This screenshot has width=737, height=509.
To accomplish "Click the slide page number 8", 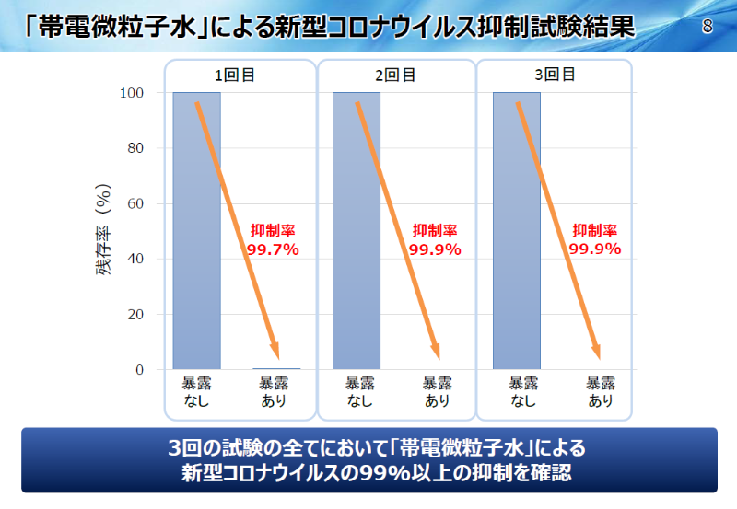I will point(708,26).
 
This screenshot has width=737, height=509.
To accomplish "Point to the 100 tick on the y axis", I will point(132,93).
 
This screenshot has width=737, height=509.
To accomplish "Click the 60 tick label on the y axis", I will point(135,203).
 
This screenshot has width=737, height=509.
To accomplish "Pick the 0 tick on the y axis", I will point(139,370).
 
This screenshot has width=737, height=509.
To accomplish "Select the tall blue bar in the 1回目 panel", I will point(196,230).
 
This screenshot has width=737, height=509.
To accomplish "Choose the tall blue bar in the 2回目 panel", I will point(356,230).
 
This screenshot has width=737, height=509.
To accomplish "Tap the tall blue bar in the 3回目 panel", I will point(516,230).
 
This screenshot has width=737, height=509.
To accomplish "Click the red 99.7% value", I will point(273,249).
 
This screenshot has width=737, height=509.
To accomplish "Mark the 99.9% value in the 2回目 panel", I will point(435,249).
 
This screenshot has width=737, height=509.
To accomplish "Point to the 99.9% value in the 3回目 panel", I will point(595,249).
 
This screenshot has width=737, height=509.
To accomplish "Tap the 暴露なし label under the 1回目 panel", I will point(196,391).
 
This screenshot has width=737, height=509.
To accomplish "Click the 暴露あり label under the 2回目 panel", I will point(437,391).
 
